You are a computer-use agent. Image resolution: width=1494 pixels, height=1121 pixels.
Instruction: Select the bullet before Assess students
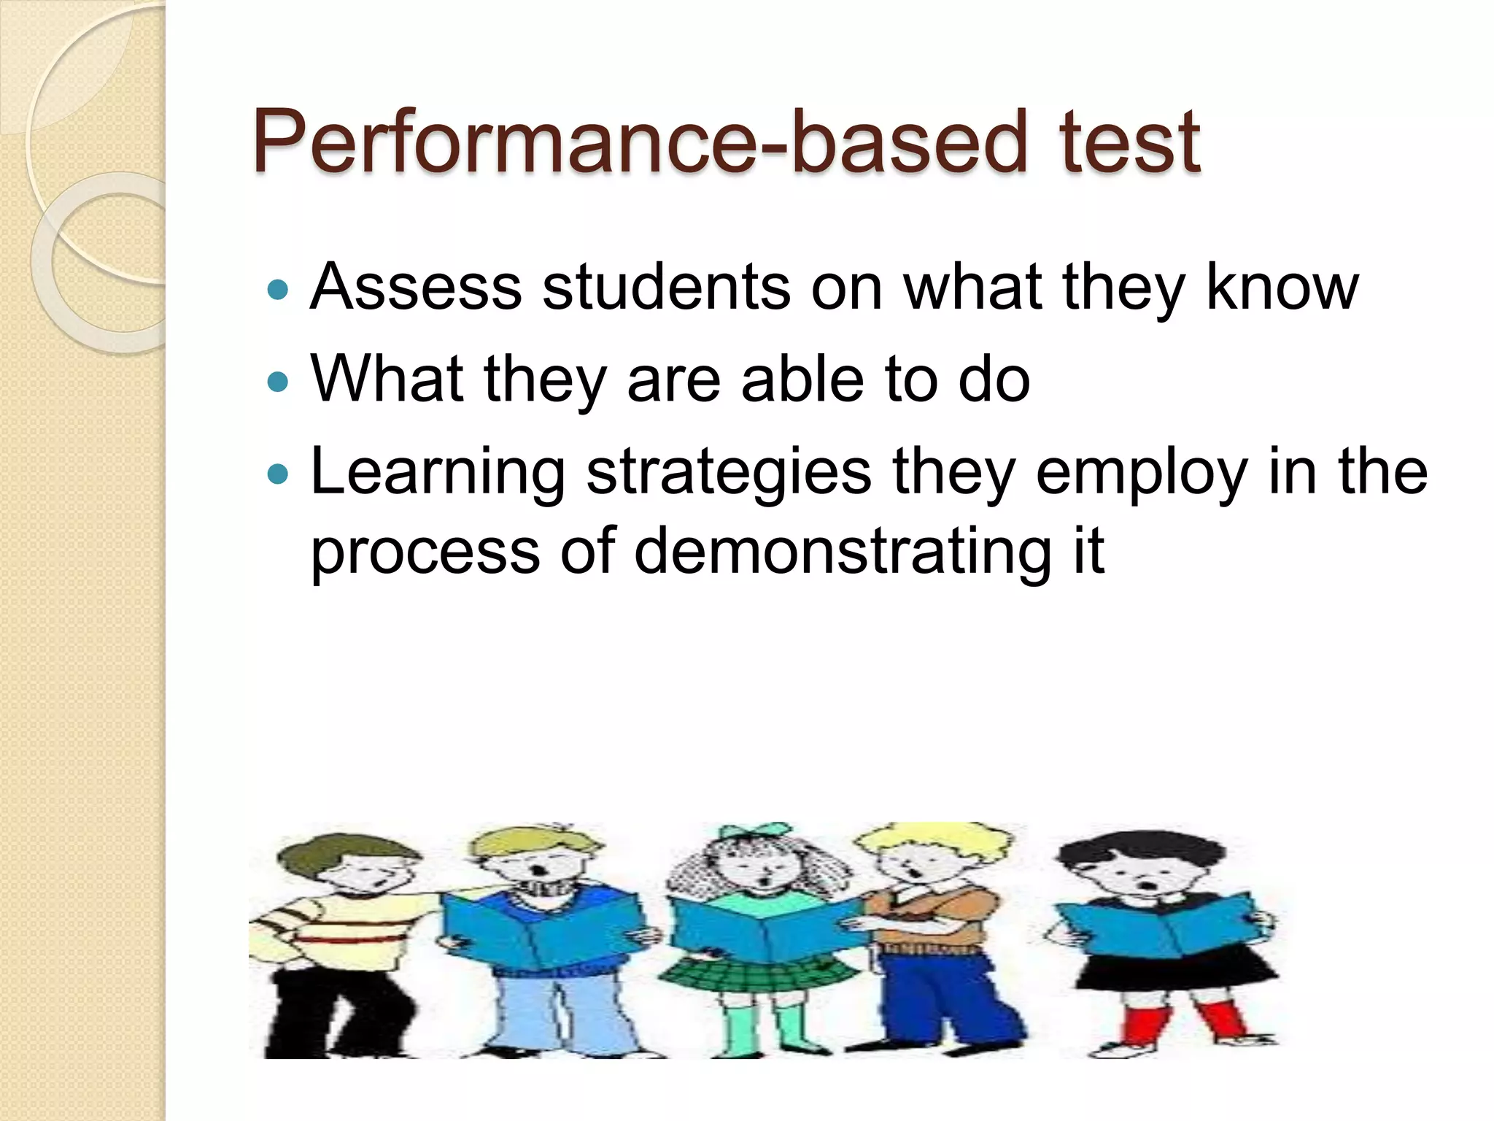(x=278, y=290)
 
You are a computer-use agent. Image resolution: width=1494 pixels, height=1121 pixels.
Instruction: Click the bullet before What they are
(x=278, y=382)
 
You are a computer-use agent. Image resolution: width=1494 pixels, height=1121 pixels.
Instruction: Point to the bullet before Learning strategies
(x=278, y=475)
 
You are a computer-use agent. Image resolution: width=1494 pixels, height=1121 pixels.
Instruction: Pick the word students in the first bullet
(x=666, y=287)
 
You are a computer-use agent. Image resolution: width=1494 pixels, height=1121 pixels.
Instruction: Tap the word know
(x=1282, y=287)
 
